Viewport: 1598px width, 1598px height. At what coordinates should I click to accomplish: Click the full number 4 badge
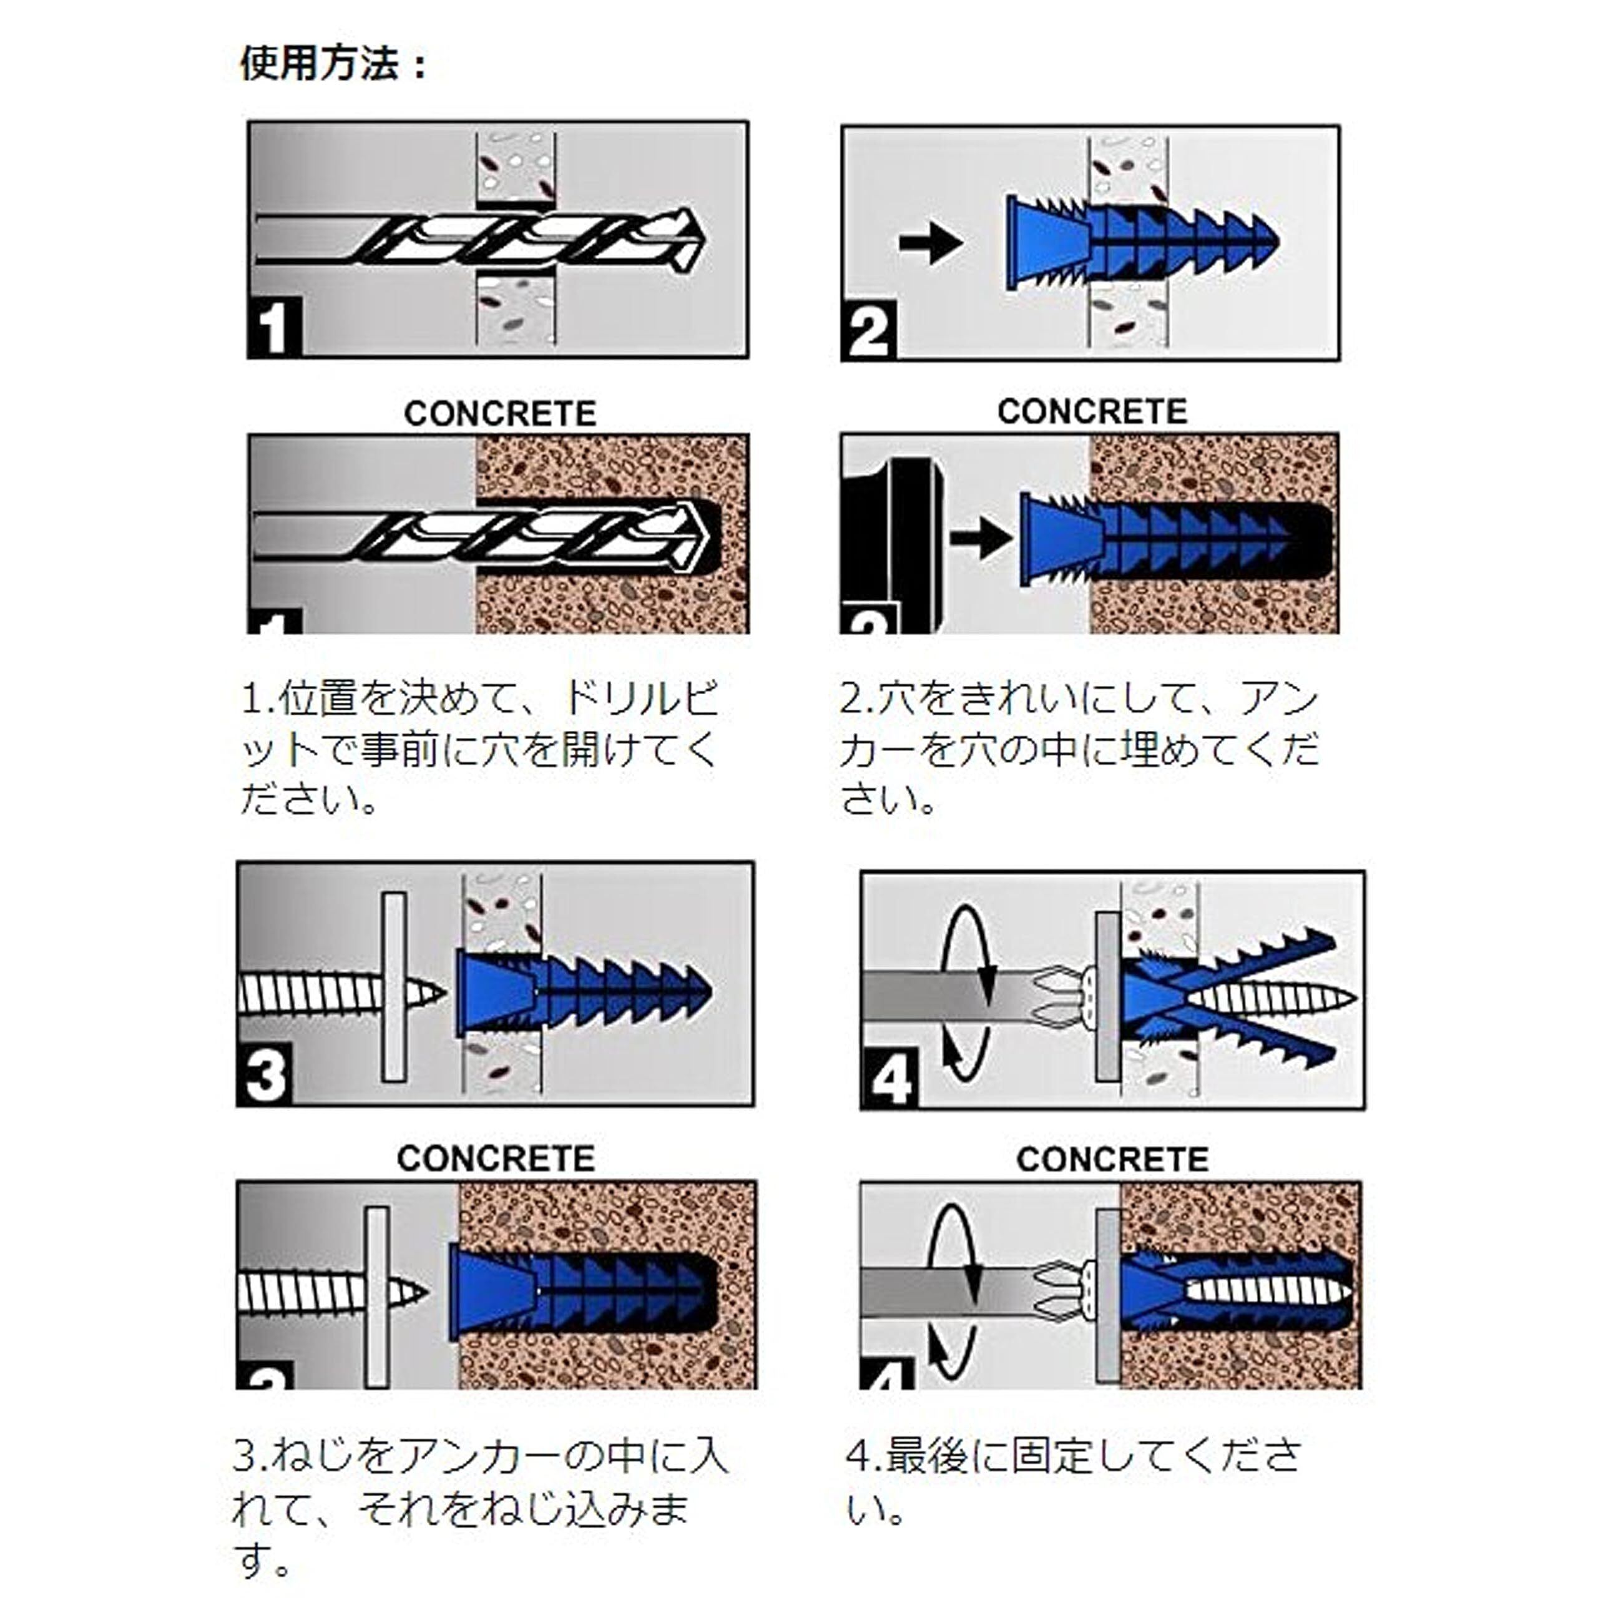[x=891, y=1078]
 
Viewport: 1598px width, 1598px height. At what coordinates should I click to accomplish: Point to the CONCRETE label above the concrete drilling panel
[x=499, y=414]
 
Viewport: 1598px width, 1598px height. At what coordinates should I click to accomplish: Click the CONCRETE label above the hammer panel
[x=1092, y=411]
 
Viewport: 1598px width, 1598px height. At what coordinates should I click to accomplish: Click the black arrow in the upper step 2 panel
[x=931, y=242]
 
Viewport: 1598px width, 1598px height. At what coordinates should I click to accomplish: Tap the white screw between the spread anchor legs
[x=1274, y=998]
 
